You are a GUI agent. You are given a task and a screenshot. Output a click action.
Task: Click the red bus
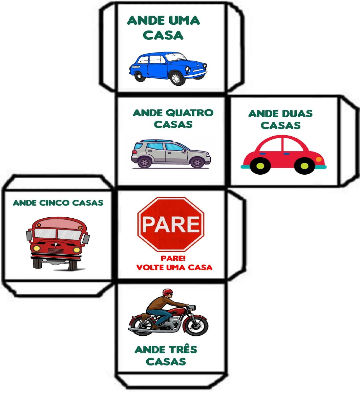[58, 242]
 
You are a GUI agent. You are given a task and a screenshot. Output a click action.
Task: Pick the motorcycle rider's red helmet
[167, 292]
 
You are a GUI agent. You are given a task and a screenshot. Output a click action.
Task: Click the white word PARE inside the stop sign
[171, 224]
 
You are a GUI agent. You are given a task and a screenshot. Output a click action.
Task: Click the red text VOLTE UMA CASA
[174, 268]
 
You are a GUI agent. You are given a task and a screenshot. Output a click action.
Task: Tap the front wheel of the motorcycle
[196, 324]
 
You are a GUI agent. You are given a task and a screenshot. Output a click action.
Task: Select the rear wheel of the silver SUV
[145, 162]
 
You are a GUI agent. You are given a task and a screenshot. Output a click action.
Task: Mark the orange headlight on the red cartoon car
[319, 159]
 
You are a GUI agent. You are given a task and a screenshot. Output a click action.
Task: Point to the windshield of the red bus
[57, 233]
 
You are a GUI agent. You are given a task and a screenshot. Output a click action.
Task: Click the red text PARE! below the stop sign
[171, 259]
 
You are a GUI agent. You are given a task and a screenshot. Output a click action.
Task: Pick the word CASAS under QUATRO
[173, 124]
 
